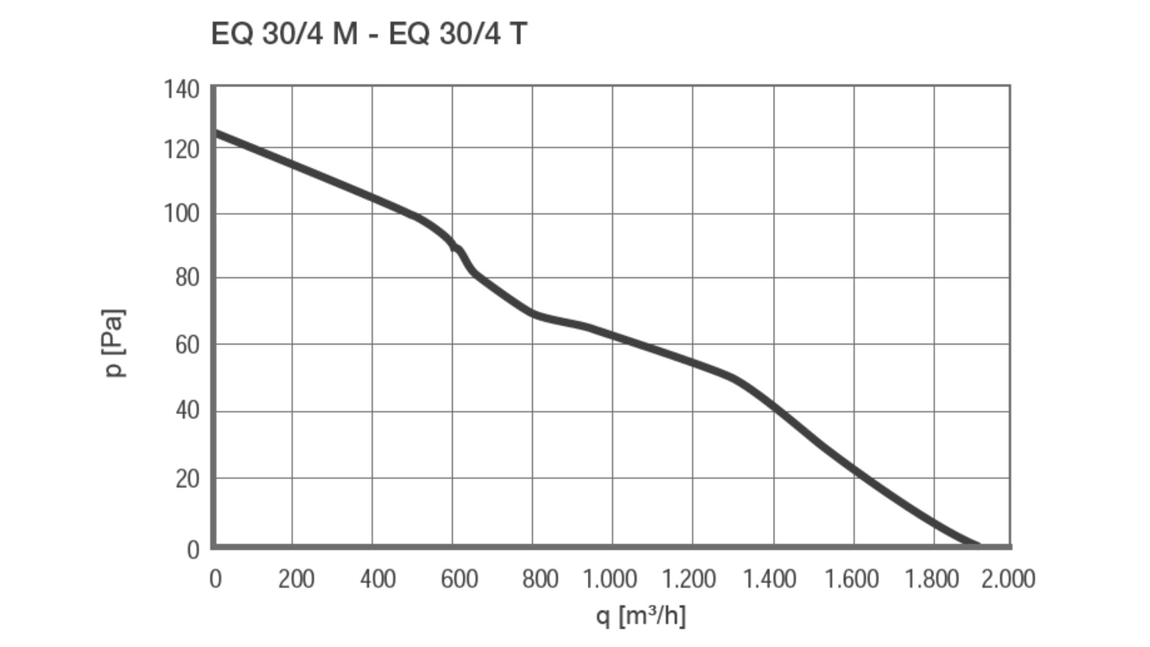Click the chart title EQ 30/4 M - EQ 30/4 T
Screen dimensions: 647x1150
[x=369, y=34]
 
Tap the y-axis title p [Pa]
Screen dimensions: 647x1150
[x=114, y=343]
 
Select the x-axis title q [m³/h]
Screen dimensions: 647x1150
[x=641, y=616]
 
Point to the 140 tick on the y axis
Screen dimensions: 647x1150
[x=182, y=89]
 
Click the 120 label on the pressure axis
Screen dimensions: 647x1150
[x=182, y=150]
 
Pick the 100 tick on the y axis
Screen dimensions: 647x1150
[x=182, y=214]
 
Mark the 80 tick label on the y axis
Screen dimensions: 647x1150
[x=187, y=278]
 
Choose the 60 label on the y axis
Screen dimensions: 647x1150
[x=187, y=345]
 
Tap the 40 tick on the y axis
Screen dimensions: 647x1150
[x=187, y=411]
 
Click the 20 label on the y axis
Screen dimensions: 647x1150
[x=187, y=479]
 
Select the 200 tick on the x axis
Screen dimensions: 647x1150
[x=296, y=579]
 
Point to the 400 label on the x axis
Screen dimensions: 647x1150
[x=377, y=579]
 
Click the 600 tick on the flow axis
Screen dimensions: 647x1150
[x=459, y=579]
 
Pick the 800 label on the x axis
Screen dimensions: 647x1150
[x=540, y=579]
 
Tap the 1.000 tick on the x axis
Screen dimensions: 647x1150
[x=610, y=579]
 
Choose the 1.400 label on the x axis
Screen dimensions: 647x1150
[x=770, y=579]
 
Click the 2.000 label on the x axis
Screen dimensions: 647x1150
[x=1008, y=579]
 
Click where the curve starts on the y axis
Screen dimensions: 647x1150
[x=215, y=133]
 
